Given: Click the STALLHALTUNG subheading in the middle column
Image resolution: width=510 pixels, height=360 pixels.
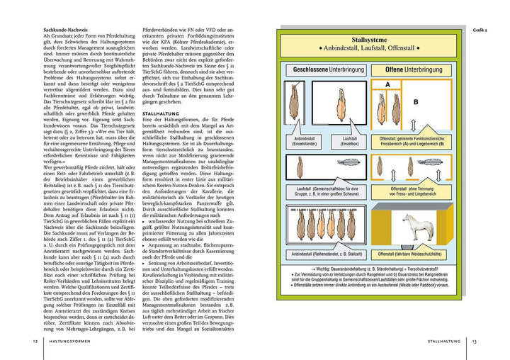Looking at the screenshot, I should click(x=164, y=113).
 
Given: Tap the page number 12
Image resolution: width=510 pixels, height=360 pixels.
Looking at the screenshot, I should click(x=35, y=342).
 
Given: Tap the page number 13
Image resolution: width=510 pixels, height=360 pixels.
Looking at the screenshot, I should click(x=475, y=342).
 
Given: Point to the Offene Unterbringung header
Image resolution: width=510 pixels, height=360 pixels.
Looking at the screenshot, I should click(x=414, y=70).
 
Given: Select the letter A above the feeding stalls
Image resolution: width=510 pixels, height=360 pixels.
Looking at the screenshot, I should click(x=387, y=84).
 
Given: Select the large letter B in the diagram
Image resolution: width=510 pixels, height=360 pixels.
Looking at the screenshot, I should click(x=416, y=101).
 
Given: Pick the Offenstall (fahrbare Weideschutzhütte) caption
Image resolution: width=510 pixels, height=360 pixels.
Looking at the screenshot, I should click(x=414, y=253).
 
